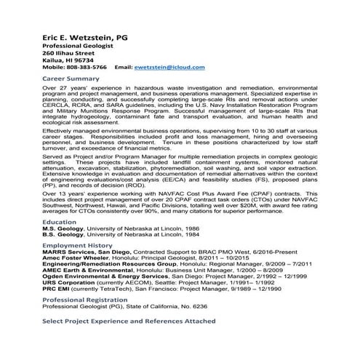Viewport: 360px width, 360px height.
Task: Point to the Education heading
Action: [60, 221]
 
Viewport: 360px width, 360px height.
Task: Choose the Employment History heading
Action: [79, 246]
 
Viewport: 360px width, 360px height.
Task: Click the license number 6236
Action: [199, 307]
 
